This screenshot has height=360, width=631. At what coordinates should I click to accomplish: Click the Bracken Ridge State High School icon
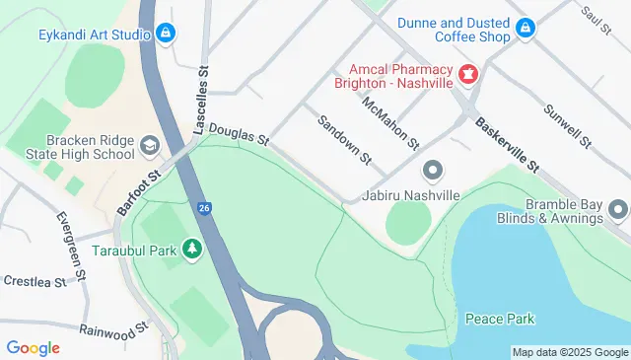click(x=149, y=146)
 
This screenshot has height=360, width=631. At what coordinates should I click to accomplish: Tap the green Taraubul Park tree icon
click(x=194, y=251)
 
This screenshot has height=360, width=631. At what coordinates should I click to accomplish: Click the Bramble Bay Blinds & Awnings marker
click(x=618, y=209)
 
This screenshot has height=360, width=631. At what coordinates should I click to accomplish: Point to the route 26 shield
click(x=203, y=208)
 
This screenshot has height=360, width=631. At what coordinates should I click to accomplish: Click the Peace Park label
click(x=499, y=320)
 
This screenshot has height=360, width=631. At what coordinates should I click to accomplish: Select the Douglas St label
click(x=238, y=135)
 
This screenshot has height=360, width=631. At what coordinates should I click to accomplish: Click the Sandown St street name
click(x=343, y=139)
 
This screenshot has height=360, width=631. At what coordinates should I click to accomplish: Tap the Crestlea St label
click(x=34, y=281)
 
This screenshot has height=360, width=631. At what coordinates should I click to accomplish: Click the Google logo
click(x=33, y=347)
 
